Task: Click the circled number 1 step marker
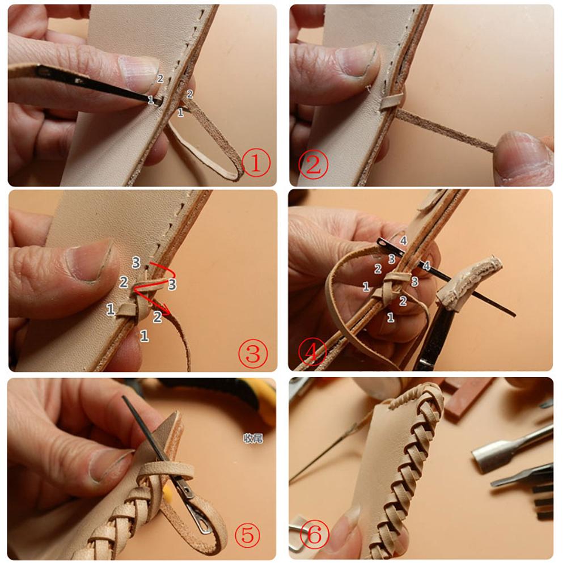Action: (255, 164)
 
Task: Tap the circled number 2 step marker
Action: (313, 165)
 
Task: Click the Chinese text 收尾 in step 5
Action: (253, 438)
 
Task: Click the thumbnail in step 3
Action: (90, 261)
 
